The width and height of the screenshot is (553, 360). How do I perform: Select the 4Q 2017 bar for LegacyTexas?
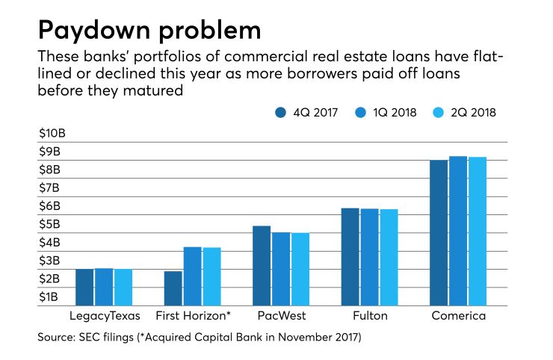84,288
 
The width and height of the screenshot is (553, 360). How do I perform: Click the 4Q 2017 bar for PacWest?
262,266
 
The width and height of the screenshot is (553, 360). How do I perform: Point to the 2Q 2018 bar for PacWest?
300,270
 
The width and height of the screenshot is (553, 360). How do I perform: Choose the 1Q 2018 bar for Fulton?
369,258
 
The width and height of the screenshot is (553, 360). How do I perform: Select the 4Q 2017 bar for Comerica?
439,233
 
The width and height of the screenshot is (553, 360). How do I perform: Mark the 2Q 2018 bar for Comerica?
478,232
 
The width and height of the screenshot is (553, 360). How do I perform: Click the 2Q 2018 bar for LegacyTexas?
123,288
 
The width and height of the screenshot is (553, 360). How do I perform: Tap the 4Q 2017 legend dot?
280,113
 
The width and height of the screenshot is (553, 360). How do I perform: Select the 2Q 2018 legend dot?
439,113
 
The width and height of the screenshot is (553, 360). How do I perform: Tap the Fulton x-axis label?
370,316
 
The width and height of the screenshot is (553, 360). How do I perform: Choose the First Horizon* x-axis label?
194,316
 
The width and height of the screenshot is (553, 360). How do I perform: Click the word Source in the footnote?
57,338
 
